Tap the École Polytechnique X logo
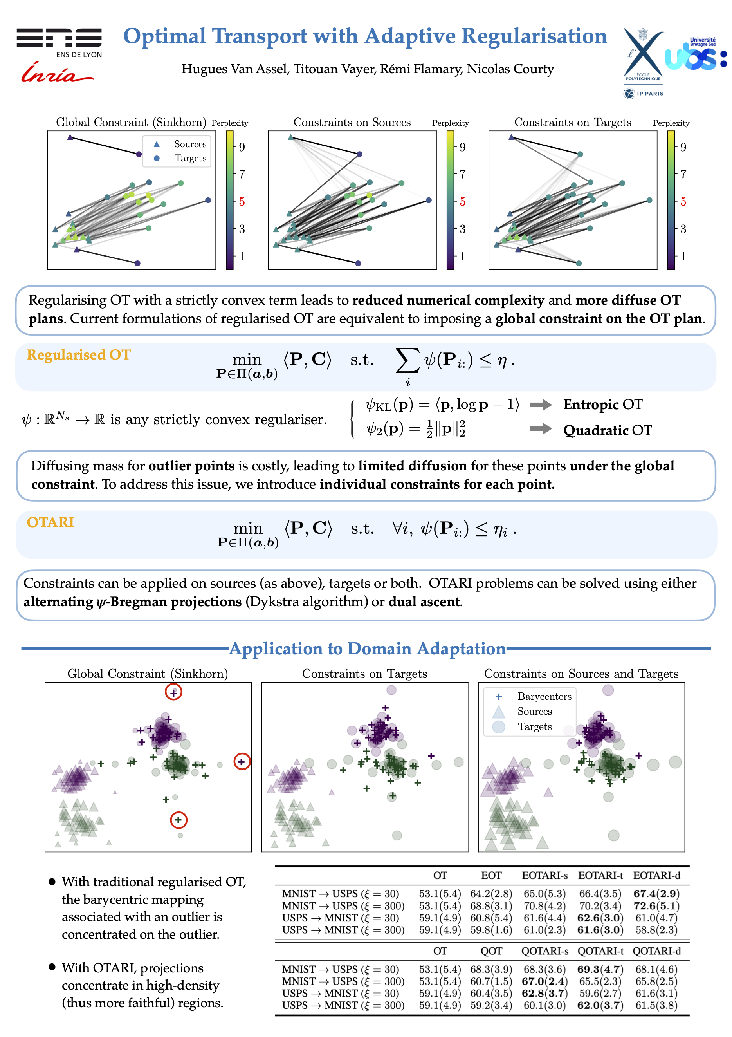pyautogui.click(x=643, y=54)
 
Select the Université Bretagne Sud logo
pyautogui.click(x=696, y=54)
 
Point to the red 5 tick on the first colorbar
pyautogui.click(x=242, y=201)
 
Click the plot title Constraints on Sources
pyautogui.click(x=352, y=123)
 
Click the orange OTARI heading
pyautogui.click(x=50, y=522)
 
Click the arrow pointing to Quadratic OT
pyautogui.click(x=541, y=428)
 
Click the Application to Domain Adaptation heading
pyautogui.click(x=367, y=649)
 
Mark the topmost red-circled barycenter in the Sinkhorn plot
pyautogui.click(x=173, y=692)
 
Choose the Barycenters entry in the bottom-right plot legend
pyautogui.click(x=544, y=696)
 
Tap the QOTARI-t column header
pyautogui.click(x=600, y=951)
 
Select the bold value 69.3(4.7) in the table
pyautogui.click(x=600, y=969)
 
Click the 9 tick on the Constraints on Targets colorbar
pyautogui.click(x=683, y=147)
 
